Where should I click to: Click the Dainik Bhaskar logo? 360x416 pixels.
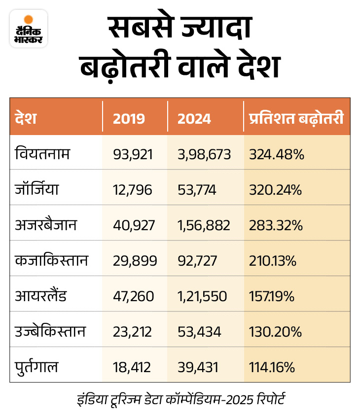pyautogui.click(x=29, y=29)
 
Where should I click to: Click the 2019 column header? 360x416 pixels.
pyautogui.click(x=129, y=119)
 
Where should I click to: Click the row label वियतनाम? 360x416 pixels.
pyautogui.click(x=42, y=154)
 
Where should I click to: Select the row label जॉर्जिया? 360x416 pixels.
pyautogui.click(x=37, y=190)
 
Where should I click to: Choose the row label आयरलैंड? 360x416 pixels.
pyautogui.click(x=40, y=296)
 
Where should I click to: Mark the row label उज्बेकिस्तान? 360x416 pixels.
pyautogui.click(x=51, y=332)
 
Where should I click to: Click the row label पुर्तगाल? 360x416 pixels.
pyautogui.click(x=37, y=367)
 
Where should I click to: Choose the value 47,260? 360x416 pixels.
pyautogui.click(x=134, y=297)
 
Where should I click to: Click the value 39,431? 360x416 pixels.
pyautogui.click(x=197, y=368)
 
